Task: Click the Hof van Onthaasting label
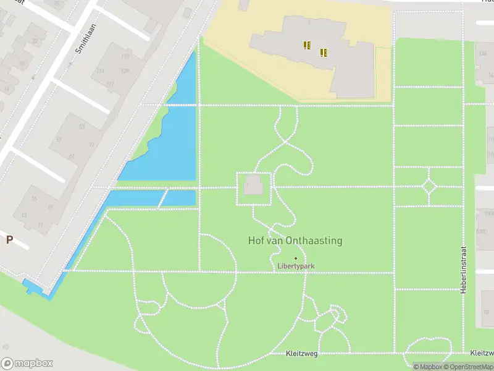[x=295, y=241]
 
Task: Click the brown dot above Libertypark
[x=295, y=258]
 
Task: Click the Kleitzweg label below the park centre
[x=301, y=354]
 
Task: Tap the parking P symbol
[x=9, y=240]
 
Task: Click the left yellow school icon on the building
[x=307, y=45]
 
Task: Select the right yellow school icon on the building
[x=323, y=53]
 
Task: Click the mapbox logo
[x=27, y=364]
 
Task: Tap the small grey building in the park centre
[x=254, y=185]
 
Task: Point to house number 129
[x=125, y=71]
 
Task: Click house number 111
[x=100, y=71]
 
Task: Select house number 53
[x=82, y=126]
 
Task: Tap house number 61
[x=59, y=140]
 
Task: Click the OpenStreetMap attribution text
[x=467, y=367]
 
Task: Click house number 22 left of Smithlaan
[x=35, y=42]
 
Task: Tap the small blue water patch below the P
[x=30, y=288]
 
